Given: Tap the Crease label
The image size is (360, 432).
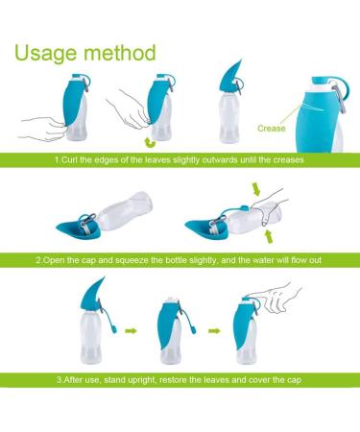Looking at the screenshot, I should tap(271, 126).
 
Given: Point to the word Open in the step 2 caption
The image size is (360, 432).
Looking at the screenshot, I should tap(59, 261).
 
